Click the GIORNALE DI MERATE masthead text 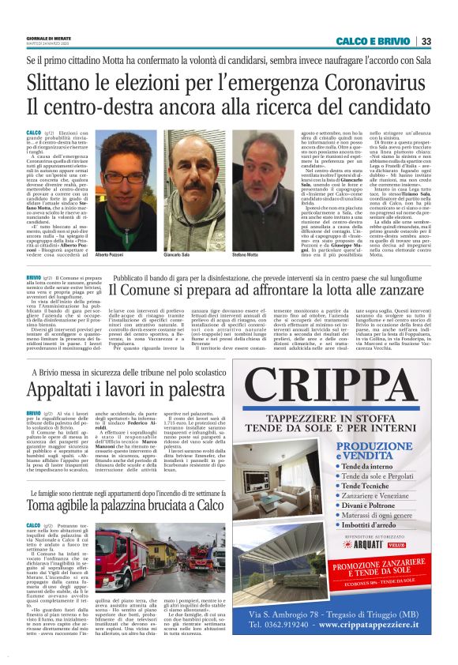click(x=48, y=38)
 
